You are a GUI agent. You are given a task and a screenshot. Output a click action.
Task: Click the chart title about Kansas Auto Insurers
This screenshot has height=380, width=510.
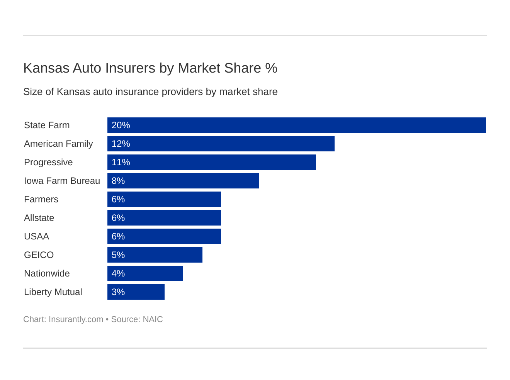coord(150,68)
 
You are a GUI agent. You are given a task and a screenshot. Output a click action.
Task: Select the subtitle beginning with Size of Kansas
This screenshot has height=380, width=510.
coord(150,92)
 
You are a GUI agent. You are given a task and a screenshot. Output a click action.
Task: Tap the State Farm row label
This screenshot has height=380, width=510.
coord(47,125)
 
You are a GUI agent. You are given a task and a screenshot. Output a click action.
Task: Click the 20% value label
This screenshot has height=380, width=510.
coord(121,125)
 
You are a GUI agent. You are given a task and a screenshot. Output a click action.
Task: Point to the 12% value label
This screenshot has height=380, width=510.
coord(121,144)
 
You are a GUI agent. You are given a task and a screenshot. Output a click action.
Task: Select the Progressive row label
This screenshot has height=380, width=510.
coord(48,162)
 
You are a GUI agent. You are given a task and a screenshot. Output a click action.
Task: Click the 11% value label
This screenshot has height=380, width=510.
coord(121,162)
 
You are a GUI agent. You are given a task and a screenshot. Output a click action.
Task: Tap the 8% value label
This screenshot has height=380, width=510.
coord(118,181)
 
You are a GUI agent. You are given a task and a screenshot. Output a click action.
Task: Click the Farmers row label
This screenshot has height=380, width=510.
coord(41,199)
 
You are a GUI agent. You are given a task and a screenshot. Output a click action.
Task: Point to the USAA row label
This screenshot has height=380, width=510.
coord(36,236)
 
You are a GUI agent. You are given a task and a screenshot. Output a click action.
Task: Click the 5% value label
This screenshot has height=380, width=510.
coord(118,255)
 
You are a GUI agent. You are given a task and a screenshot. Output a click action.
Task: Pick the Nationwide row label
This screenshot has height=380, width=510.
coord(47,273)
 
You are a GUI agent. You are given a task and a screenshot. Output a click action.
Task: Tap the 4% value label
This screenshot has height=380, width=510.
coord(118,273)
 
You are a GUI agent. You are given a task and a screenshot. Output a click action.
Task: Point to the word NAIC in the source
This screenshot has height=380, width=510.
coord(153,319)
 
